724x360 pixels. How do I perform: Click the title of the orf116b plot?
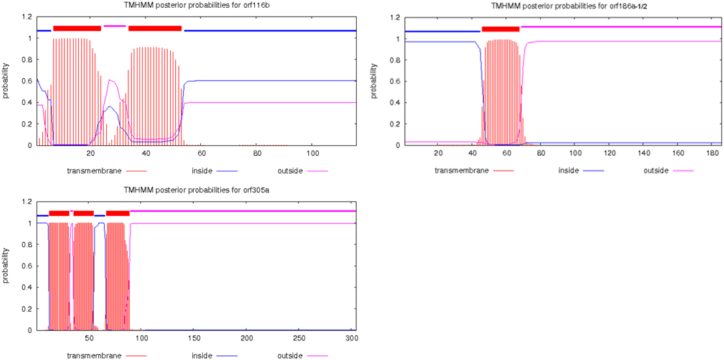197,5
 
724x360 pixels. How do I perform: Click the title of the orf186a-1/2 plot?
569,6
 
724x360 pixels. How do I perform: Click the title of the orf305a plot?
197,190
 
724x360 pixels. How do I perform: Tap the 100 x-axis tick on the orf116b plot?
312,153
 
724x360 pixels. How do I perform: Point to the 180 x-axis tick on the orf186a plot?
712,153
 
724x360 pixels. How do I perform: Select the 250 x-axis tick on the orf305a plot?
299,338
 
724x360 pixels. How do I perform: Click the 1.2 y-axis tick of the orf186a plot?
395,18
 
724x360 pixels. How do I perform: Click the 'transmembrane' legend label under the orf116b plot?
94,171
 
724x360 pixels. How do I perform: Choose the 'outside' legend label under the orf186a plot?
656,171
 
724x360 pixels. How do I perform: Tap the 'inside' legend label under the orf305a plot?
202,355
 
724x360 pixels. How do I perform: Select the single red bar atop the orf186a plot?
500,29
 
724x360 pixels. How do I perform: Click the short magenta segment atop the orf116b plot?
115,26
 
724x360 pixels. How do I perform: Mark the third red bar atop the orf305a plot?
118,213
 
